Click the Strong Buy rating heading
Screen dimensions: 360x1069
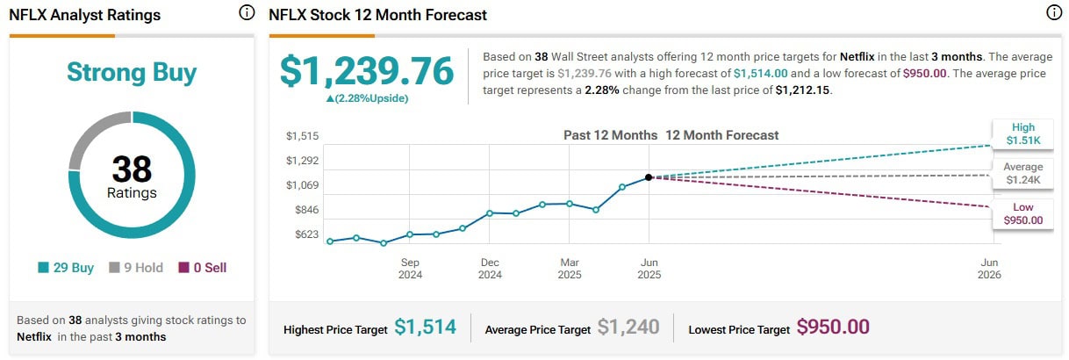point(132,72)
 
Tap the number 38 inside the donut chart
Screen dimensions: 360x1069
point(132,169)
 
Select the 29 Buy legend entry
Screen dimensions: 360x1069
point(66,268)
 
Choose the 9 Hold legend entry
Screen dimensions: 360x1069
point(136,268)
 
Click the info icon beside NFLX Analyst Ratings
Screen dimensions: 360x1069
point(247,13)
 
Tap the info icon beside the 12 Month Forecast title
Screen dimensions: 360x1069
point(1053,13)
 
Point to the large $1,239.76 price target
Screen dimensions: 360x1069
point(367,71)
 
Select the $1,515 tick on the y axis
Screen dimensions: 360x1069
point(302,136)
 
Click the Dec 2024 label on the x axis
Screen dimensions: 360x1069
point(490,269)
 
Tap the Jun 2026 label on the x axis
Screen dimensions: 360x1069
point(989,269)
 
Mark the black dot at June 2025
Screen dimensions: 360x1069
point(649,177)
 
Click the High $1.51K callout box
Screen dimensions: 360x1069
point(1022,133)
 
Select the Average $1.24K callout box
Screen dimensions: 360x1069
point(1022,173)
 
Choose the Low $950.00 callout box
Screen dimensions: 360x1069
point(1022,213)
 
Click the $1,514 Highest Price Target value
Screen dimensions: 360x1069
point(425,328)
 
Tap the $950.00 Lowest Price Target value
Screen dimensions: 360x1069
point(833,328)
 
